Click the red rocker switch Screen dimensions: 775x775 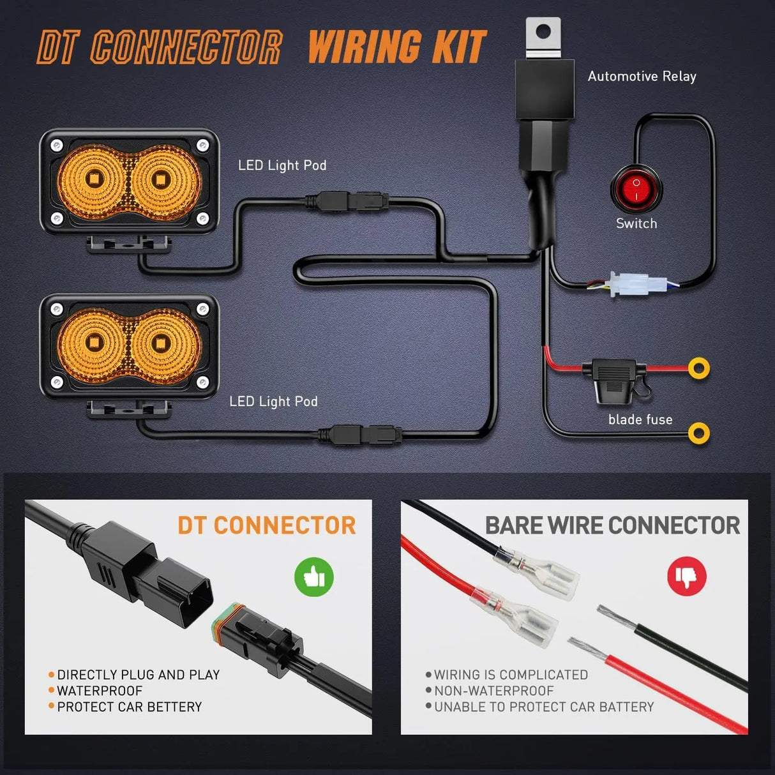click(x=636, y=190)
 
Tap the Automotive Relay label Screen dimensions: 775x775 click(x=642, y=77)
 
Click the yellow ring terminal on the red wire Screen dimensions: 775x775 click(x=699, y=368)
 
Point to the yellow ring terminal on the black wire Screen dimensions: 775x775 click(x=699, y=433)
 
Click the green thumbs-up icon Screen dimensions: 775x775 click(x=314, y=577)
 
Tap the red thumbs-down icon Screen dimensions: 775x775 click(x=686, y=576)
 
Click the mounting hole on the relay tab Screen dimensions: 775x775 click(x=543, y=31)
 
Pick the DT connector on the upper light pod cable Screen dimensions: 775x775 click(x=348, y=201)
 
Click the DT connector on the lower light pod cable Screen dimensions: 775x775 click(x=360, y=435)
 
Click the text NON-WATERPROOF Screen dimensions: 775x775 click(x=493, y=691)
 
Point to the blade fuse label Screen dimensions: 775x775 click(x=640, y=419)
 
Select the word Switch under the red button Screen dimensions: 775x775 click(x=636, y=223)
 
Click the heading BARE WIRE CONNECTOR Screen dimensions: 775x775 click(x=612, y=525)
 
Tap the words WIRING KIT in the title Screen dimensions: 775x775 click(x=397, y=47)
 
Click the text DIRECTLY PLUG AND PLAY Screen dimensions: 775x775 click(x=138, y=675)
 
